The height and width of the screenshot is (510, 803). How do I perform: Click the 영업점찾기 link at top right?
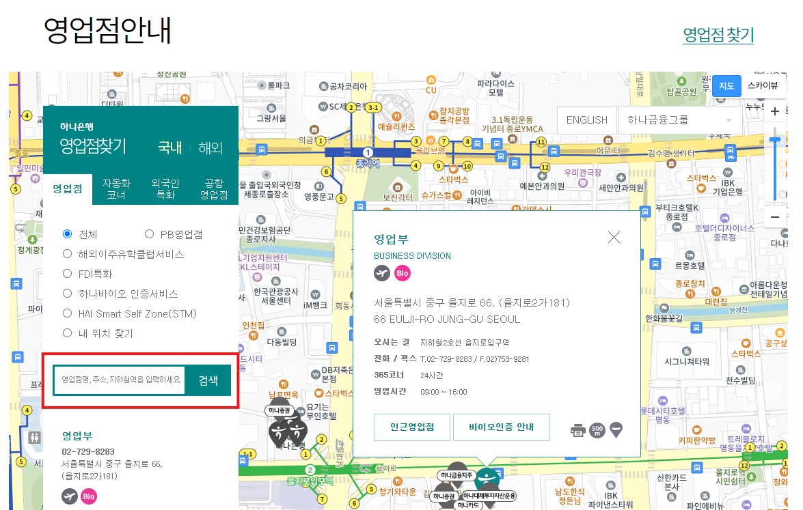(x=718, y=34)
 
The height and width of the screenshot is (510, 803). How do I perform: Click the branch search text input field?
(x=120, y=380)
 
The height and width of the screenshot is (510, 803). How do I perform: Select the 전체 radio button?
(x=68, y=234)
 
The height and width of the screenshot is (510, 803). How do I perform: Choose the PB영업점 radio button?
(x=150, y=234)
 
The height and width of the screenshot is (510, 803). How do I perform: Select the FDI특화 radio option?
(x=68, y=274)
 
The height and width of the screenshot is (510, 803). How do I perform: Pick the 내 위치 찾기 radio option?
(x=68, y=333)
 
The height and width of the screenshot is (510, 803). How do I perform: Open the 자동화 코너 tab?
(x=116, y=188)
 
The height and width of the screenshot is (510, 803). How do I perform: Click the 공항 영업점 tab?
(x=213, y=188)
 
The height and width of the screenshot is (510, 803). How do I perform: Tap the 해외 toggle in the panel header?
(x=210, y=147)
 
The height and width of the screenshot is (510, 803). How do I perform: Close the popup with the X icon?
(x=614, y=237)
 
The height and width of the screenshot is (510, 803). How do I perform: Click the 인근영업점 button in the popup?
(x=411, y=427)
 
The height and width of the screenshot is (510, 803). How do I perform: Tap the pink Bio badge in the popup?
(x=403, y=273)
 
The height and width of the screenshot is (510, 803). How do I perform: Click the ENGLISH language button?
(x=586, y=119)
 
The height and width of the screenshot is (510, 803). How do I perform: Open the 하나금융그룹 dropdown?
(x=679, y=119)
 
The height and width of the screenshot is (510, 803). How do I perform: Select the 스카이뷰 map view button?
(x=762, y=86)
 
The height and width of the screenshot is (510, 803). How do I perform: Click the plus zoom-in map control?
(x=774, y=111)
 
